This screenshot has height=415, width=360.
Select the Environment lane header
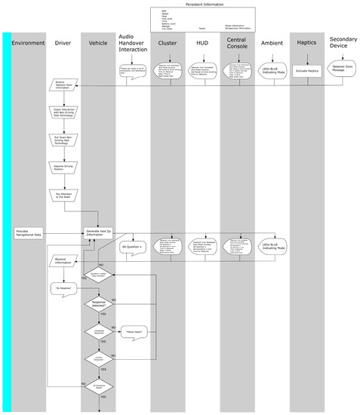pyautogui.click(x=28, y=43)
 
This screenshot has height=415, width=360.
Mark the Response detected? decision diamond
pyautogui.click(x=99, y=304)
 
